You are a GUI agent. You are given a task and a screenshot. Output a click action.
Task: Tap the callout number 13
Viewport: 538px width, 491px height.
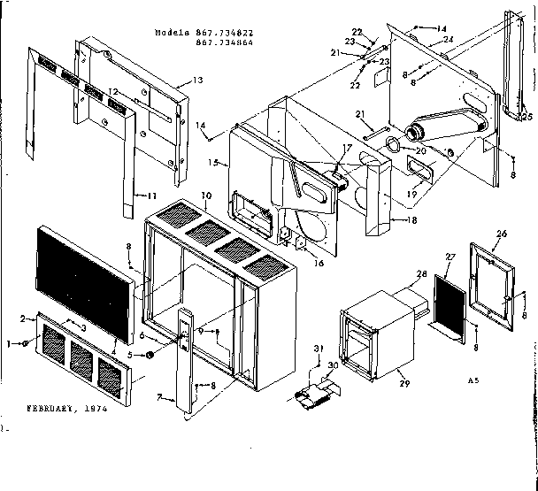197,81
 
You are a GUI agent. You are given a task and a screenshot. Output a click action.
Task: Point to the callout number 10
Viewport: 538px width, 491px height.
205,195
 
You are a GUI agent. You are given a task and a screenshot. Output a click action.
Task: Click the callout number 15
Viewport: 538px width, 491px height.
212,163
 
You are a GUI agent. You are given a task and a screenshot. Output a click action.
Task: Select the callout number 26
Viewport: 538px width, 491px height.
503,234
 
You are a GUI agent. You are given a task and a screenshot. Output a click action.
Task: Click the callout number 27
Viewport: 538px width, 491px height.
450,257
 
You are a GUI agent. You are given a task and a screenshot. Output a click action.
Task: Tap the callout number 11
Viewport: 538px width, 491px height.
150,196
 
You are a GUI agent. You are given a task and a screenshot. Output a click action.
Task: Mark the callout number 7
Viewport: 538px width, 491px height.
160,398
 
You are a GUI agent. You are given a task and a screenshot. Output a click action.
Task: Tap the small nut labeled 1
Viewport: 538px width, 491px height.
27,343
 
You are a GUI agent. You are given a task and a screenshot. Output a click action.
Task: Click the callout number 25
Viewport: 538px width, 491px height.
528,117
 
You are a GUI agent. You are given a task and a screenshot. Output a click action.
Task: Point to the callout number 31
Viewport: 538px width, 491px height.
320,347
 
